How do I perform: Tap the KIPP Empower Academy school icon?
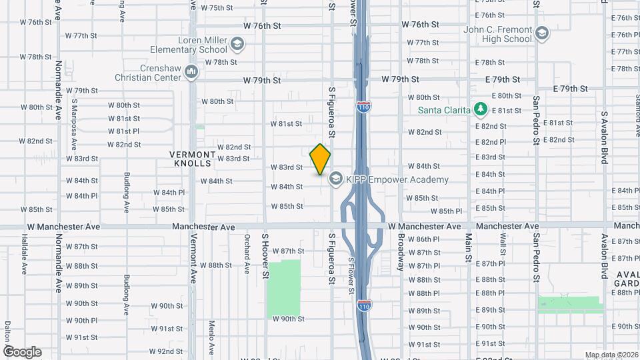(x=335, y=179)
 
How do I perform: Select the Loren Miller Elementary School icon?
(x=237, y=45)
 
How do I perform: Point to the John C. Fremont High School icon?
(x=543, y=33)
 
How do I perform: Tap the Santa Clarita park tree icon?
(x=479, y=109)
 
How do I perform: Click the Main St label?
(x=469, y=247)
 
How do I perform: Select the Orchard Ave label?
(x=247, y=246)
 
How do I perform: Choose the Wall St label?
(x=503, y=247)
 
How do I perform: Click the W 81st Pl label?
(x=123, y=131)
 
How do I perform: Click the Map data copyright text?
(x=611, y=355)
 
